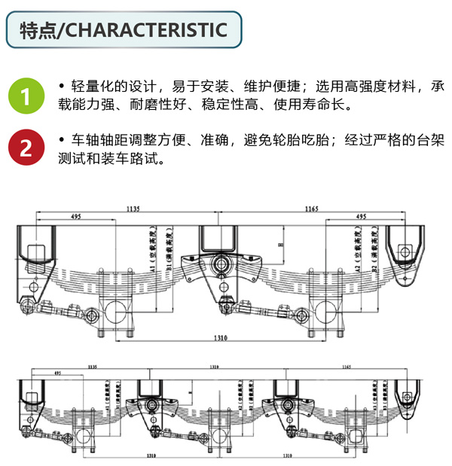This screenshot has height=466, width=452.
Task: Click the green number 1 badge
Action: [26, 96]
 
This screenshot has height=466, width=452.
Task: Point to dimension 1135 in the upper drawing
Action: [133, 207]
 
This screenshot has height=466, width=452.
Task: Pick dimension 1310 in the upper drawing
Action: [219, 338]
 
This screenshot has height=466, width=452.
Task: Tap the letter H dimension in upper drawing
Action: [280, 245]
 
